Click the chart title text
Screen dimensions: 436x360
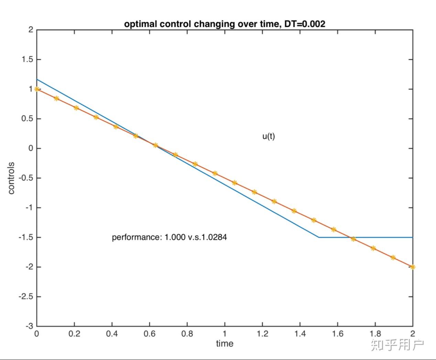click(x=225, y=24)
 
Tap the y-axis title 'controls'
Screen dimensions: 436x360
click(x=11, y=178)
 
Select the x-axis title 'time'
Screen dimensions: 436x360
click(x=225, y=344)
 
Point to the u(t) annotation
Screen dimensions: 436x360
click(x=269, y=136)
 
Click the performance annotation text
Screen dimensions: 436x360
click(x=170, y=237)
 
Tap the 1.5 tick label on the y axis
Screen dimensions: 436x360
click(x=28, y=59)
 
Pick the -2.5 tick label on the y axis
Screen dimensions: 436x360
click(x=26, y=296)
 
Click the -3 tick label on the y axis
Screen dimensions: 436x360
click(x=30, y=326)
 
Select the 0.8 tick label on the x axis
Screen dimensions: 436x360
click(x=187, y=334)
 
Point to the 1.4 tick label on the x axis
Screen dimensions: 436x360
click(x=300, y=334)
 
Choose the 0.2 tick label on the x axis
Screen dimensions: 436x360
click(x=74, y=334)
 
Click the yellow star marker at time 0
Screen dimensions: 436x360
click(x=37, y=89)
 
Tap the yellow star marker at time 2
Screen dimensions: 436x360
click(x=413, y=267)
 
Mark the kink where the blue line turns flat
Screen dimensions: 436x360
click(x=319, y=237)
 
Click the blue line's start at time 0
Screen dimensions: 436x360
click(x=37, y=79)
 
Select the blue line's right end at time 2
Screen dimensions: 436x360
click(x=413, y=237)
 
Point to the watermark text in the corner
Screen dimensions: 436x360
click(x=397, y=345)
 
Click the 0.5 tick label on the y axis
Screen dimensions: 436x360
click(x=28, y=119)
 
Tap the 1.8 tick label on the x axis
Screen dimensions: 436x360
click(x=375, y=334)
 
